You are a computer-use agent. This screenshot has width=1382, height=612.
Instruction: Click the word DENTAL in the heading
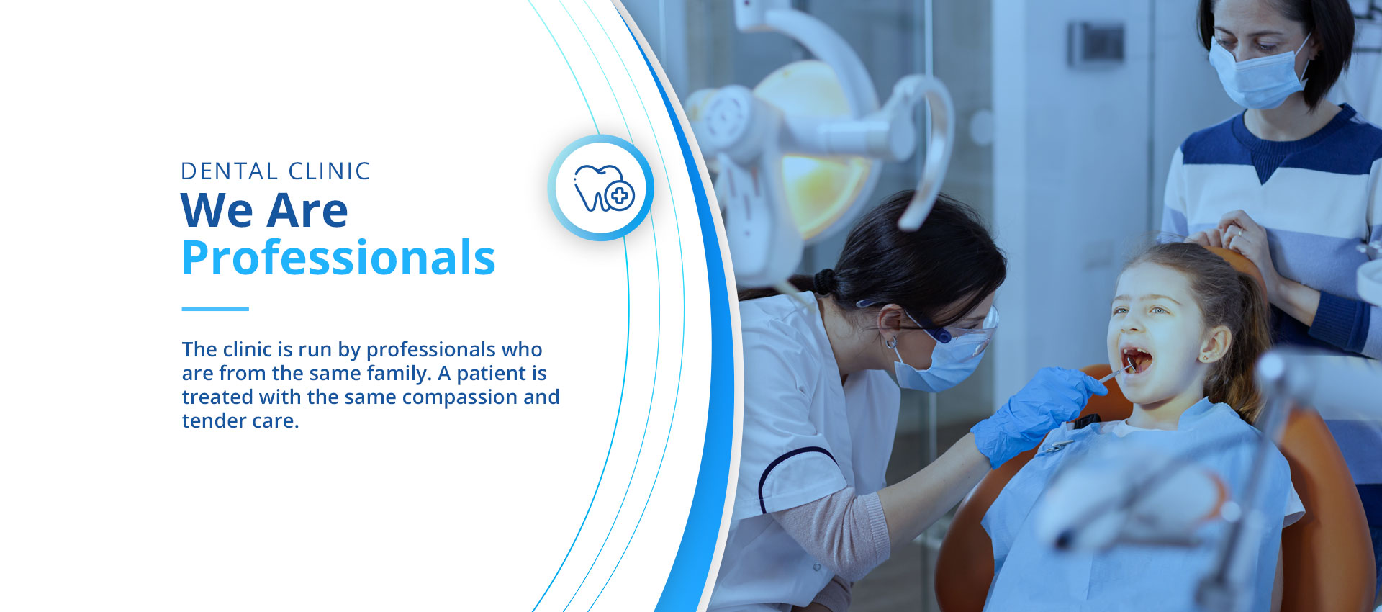[x=230, y=171]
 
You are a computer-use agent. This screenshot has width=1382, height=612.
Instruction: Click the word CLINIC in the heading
[x=329, y=171]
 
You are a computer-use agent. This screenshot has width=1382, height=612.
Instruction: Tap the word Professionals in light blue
[x=338, y=258]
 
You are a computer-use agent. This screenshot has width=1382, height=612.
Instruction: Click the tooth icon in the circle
[x=603, y=189]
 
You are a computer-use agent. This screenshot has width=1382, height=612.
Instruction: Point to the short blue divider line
[x=215, y=309]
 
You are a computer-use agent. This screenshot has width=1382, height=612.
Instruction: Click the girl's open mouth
[x=1137, y=359]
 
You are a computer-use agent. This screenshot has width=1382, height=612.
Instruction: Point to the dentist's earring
[x=892, y=343]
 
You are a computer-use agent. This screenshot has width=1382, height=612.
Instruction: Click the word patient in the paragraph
[x=492, y=374]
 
